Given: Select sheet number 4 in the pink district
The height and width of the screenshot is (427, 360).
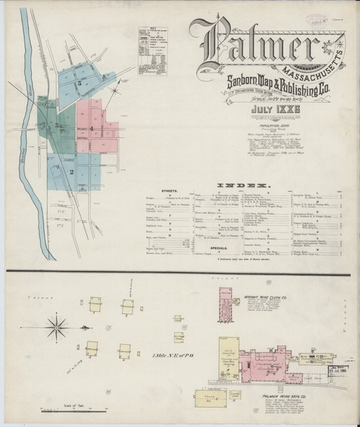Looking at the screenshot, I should coord(91,128).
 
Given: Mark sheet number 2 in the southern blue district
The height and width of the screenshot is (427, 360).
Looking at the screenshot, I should coord(72,171).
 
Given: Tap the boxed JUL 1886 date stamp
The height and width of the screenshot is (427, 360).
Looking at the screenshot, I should coord(338,371).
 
